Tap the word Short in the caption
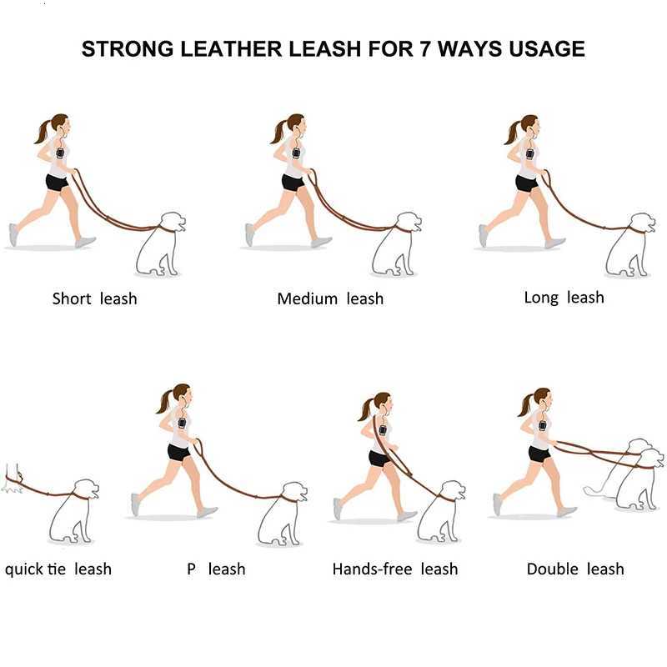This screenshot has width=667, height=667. click(x=72, y=298)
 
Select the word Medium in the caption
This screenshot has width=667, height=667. click(x=307, y=298)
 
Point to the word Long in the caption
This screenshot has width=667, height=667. click(x=541, y=297)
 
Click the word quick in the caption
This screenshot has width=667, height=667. click(x=26, y=569)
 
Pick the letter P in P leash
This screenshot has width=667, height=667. click(x=191, y=569)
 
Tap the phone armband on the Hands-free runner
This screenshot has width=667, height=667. click(x=383, y=431)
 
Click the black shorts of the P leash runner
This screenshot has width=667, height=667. click(x=178, y=452)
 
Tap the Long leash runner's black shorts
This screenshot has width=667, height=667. click(x=526, y=183)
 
